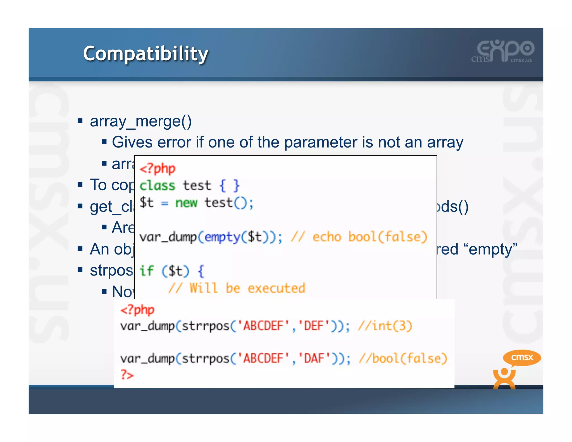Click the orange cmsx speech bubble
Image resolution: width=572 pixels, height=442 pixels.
click(522, 357)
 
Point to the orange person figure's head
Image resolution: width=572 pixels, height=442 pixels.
click(504, 372)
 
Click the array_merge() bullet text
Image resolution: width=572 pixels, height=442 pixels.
click(140, 121)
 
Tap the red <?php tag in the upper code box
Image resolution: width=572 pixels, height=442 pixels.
click(157, 168)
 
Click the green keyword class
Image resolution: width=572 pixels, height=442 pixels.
click(157, 186)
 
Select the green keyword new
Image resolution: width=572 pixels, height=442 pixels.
click(186, 203)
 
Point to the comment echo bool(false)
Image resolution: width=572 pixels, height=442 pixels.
click(370, 237)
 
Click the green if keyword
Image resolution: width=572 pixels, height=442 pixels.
click(146, 271)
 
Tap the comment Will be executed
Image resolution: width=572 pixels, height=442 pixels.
click(247, 288)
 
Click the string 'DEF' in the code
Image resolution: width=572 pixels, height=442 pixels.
click(314, 326)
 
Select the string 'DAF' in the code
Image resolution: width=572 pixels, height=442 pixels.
click(314, 358)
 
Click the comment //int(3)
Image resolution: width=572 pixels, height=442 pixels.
click(385, 326)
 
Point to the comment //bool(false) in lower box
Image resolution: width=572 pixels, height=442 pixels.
click(403, 358)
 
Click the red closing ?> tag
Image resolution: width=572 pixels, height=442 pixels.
click(127, 375)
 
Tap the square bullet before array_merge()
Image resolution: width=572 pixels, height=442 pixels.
click(80, 121)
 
